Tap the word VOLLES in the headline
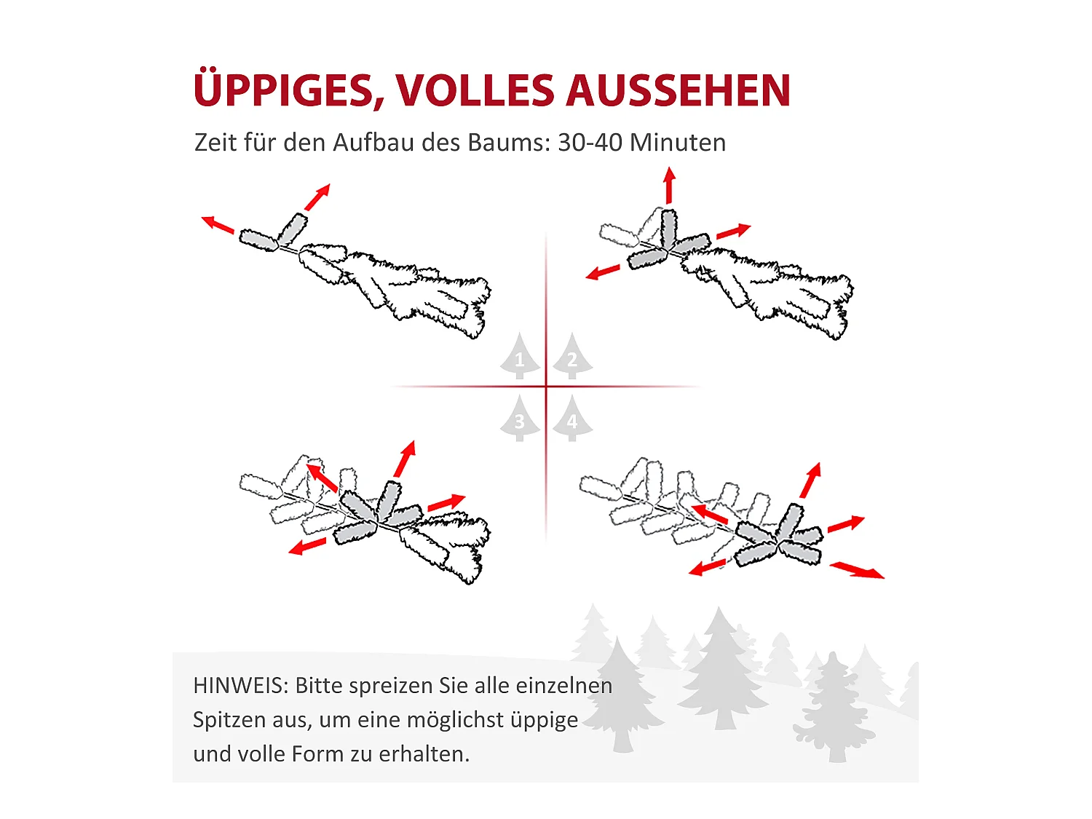pos(475,90)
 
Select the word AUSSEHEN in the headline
pos(678,90)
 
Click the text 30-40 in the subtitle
pos(590,143)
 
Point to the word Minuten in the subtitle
pos(678,143)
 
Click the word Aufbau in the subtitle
pos(373,143)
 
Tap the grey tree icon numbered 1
pos(520,355)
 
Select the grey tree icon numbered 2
pos(572,355)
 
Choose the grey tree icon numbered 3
pos(520,418)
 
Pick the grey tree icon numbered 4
pos(572,418)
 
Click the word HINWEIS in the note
pos(237,686)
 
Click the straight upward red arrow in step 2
pos(670,185)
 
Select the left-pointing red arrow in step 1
pos(218,225)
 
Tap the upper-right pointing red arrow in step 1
pos(317,197)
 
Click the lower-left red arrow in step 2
pos(603,272)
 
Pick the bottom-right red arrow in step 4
pos(857,570)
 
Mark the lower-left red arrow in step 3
pos(307,546)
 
